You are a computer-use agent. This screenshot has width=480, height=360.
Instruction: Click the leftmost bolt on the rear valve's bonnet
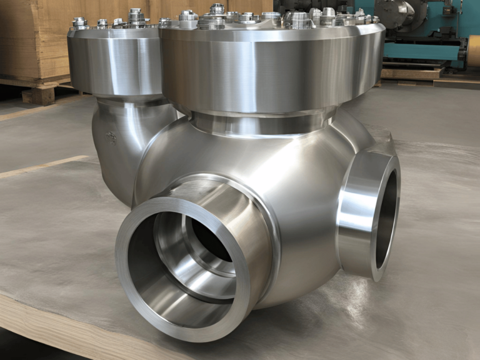click(79, 23)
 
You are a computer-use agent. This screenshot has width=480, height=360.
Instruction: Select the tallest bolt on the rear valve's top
click(136, 16)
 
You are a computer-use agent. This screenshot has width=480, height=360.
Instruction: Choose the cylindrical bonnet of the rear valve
click(112, 59)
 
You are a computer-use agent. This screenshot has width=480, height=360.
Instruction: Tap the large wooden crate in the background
click(31, 37)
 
